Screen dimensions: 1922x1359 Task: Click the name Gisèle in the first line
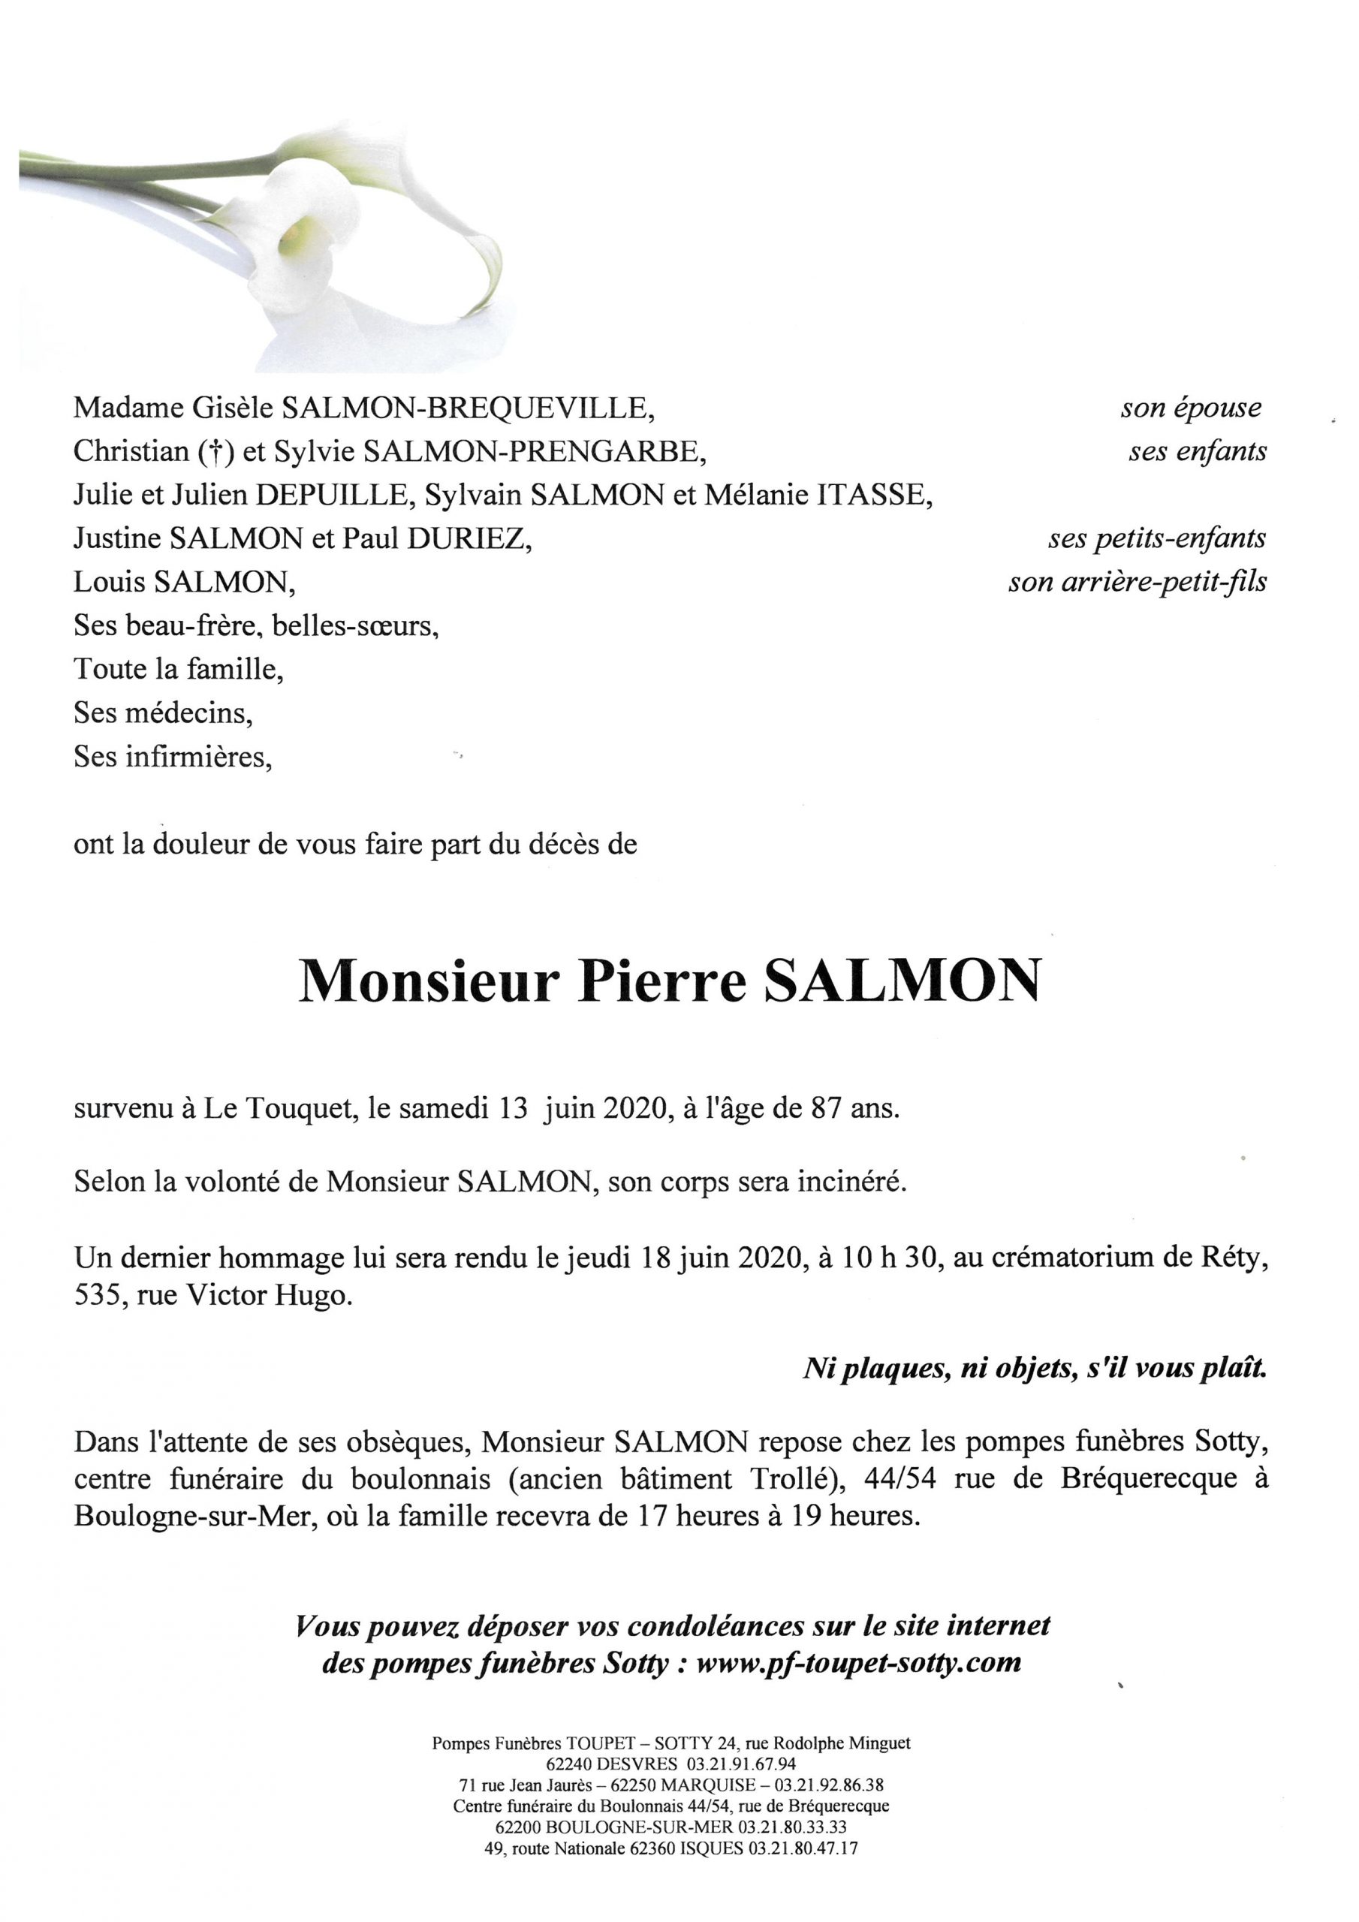pos(232,408)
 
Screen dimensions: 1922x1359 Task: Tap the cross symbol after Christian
pos(216,452)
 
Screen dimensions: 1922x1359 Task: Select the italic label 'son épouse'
pos(1191,408)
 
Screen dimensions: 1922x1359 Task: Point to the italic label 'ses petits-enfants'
pos(1156,538)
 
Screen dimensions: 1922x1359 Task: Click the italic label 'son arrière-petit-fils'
pos(1137,582)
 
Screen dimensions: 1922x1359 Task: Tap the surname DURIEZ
pos(469,538)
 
